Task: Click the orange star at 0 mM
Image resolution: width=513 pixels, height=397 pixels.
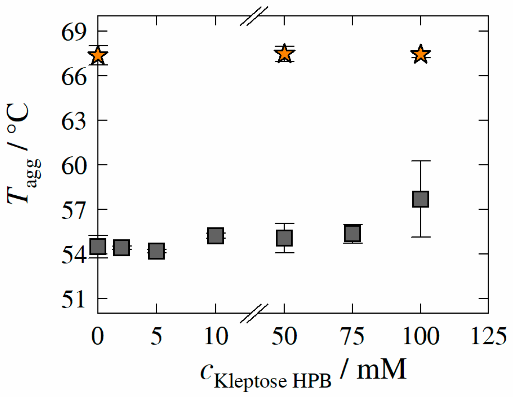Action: [x=98, y=56]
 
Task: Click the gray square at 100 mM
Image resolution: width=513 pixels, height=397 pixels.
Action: [x=420, y=199]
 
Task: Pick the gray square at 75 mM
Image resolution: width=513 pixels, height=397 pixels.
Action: [x=352, y=233]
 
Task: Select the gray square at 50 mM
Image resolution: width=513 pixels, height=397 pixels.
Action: [x=284, y=238]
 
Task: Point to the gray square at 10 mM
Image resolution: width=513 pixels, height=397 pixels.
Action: [x=216, y=235]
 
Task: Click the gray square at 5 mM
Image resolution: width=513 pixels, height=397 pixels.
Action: [x=156, y=251]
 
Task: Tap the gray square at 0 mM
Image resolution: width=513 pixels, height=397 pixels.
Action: [x=98, y=246]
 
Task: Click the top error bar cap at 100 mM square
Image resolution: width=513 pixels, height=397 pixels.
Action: [x=420, y=161]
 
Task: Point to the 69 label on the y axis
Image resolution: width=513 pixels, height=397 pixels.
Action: [x=74, y=32]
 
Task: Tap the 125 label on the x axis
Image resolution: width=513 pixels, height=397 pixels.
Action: [x=488, y=336]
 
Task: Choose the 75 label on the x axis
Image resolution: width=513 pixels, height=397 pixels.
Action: [x=352, y=336]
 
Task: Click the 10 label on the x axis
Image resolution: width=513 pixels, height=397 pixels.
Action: [x=216, y=336]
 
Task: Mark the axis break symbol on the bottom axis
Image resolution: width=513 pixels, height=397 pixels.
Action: [x=254, y=313]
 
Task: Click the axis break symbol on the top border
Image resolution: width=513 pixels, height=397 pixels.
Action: [x=254, y=16]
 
